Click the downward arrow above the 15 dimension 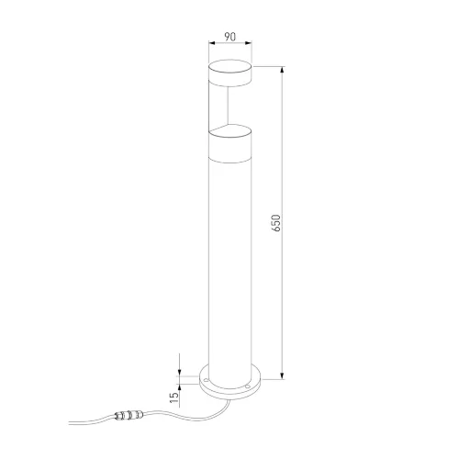coord(180,369)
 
